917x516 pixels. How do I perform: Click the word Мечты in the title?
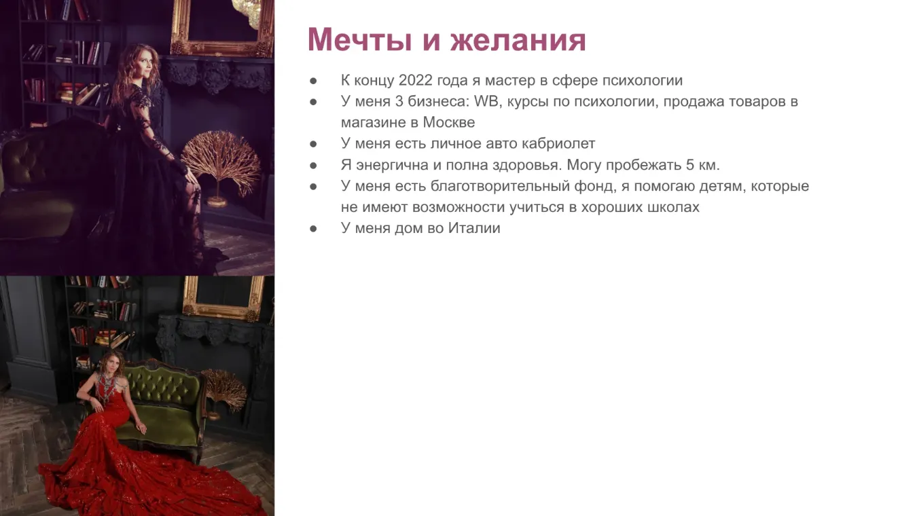pos(359,39)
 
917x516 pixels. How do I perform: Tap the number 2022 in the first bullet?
pos(416,80)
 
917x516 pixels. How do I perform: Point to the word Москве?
pos(449,122)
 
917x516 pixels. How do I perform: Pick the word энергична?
pos(392,165)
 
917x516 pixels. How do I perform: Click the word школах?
pos(673,208)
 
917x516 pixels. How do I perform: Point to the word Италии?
pos(474,228)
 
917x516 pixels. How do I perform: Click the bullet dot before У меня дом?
pos(313,229)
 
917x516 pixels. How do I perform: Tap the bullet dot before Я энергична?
pos(313,165)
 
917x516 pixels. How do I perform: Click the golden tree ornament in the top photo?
pos(221,164)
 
